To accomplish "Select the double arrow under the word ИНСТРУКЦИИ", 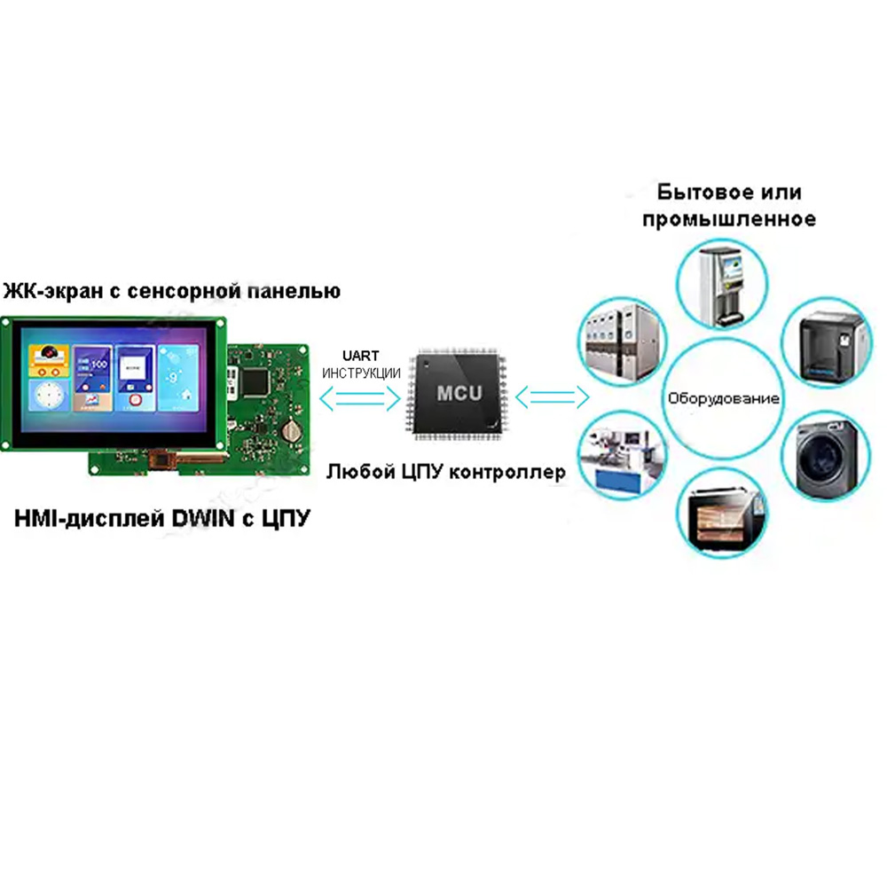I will (360, 399).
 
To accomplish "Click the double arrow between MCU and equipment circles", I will (553, 397).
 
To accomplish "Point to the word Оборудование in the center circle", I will (723, 398).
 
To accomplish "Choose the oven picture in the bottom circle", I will (720, 514).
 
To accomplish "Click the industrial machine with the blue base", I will (617, 454).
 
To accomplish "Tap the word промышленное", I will (729, 218).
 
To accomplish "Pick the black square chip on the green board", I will (257, 381).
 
